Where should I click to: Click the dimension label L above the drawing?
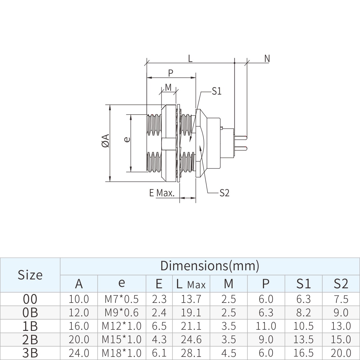190,59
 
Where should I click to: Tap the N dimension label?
267,59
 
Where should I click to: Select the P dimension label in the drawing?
170,73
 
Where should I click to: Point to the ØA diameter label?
106,141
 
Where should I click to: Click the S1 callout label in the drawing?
216,91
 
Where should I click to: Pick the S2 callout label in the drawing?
224,193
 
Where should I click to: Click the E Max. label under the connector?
162,193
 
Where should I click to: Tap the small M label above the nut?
168,87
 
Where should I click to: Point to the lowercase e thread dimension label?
127,139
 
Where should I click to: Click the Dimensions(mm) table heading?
210,266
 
